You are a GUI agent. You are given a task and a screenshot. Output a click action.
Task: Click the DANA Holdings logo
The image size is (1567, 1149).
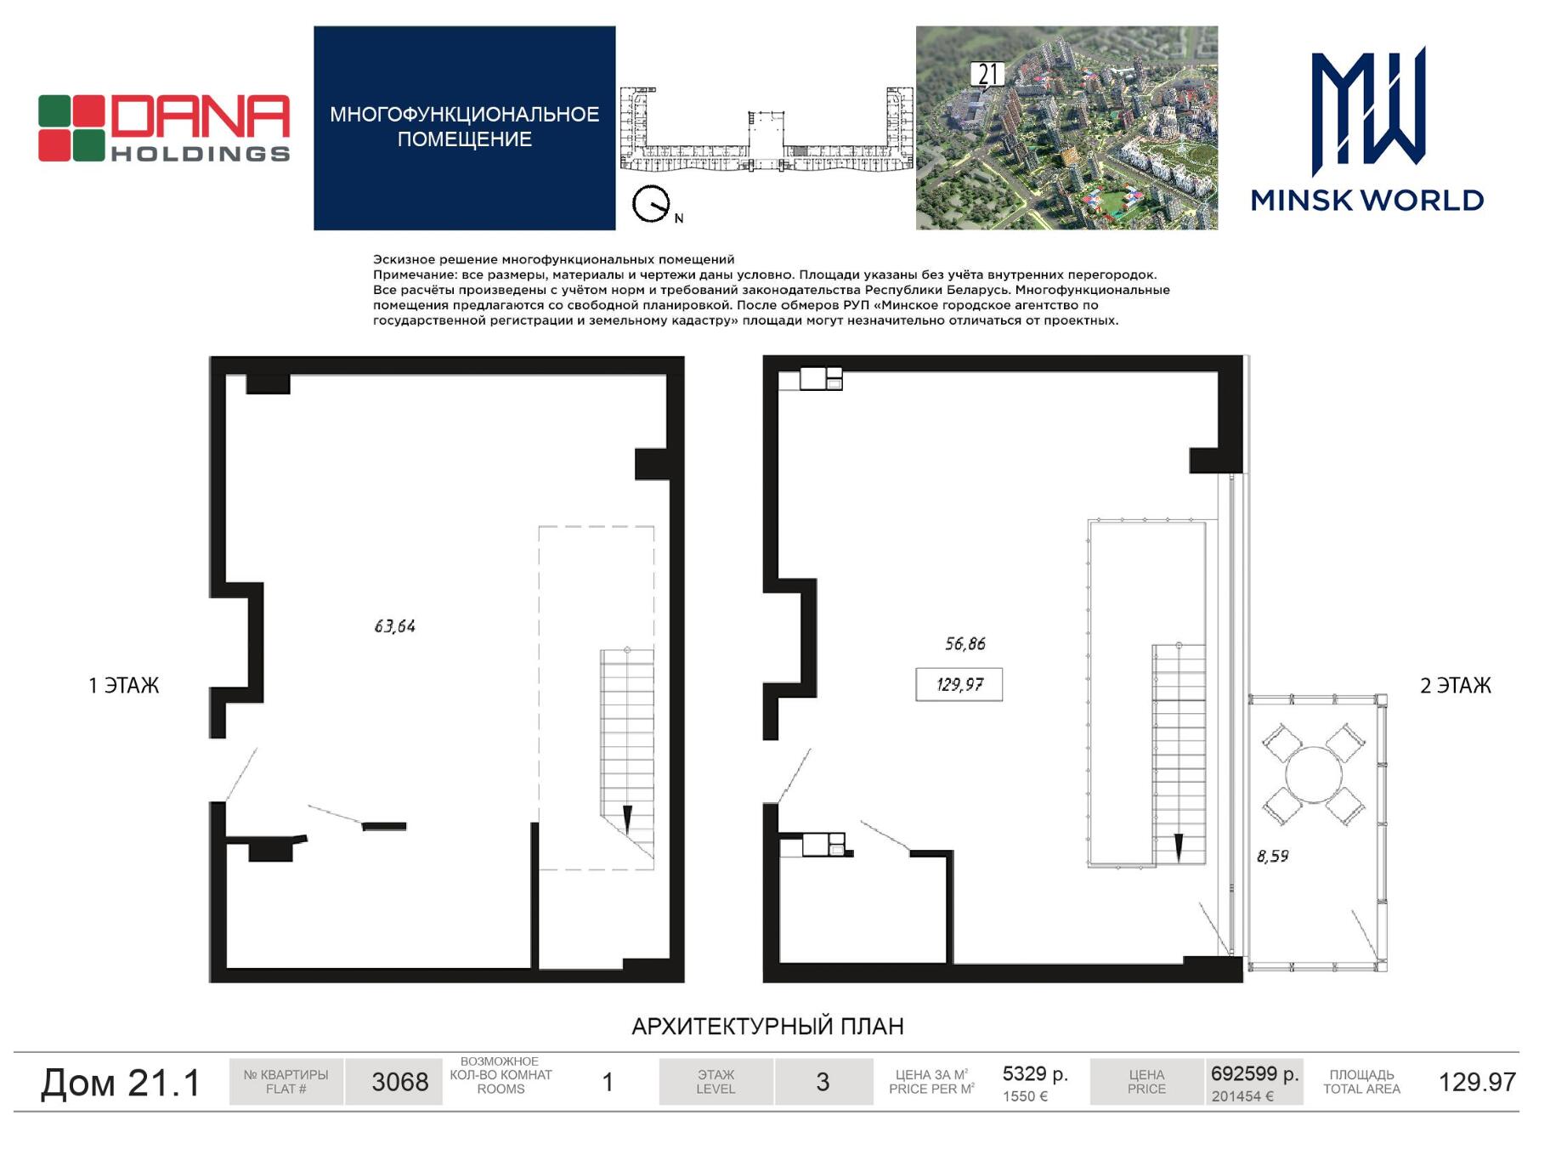pyautogui.click(x=164, y=127)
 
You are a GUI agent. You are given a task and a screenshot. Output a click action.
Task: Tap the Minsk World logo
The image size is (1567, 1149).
pyautogui.click(x=1367, y=129)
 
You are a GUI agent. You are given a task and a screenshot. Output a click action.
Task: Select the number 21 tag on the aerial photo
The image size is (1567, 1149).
pyautogui.click(x=987, y=75)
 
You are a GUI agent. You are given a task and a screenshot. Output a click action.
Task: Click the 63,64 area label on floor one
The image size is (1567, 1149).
pyautogui.click(x=395, y=626)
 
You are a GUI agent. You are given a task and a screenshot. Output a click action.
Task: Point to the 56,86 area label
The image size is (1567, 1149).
pyautogui.click(x=965, y=644)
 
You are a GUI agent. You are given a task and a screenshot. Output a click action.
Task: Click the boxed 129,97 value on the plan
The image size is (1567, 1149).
pyautogui.click(x=959, y=684)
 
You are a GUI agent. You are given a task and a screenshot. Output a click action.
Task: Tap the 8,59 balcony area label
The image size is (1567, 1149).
pyautogui.click(x=1273, y=857)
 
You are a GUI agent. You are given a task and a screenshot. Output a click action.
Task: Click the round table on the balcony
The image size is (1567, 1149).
pyautogui.click(x=1314, y=774)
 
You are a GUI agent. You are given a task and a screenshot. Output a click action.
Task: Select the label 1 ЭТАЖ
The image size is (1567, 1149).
pyautogui.click(x=124, y=686)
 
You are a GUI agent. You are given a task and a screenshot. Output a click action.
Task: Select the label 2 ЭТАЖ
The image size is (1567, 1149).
pyautogui.click(x=1456, y=686)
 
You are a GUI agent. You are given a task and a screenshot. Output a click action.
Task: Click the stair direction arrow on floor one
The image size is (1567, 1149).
pyautogui.click(x=628, y=820)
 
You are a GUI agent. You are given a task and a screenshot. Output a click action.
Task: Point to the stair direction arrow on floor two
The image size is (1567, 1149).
pyautogui.click(x=1179, y=848)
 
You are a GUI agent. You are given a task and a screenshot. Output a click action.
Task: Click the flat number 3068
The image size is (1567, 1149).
pyautogui.click(x=400, y=1082)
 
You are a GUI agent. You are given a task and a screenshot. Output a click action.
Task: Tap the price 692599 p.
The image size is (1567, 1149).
pyautogui.click(x=1254, y=1073)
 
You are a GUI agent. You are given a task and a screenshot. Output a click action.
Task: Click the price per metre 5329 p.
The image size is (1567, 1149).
pyautogui.click(x=1035, y=1073)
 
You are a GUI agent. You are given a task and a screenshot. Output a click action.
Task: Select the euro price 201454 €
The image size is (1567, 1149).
pyautogui.click(x=1242, y=1096)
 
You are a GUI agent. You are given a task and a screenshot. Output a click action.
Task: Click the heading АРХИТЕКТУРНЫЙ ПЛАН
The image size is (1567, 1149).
pyautogui.click(x=767, y=1027)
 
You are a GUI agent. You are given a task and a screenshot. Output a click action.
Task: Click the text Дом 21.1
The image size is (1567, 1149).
pyautogui.click(x=121, y=1083)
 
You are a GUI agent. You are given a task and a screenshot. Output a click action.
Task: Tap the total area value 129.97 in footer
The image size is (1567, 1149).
pyautogui.click(x=1477, y=1082)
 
